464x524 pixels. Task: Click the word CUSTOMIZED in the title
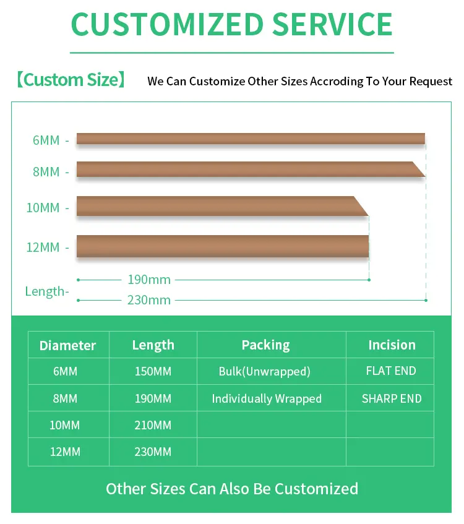pyautogui.click(x=168, y=24)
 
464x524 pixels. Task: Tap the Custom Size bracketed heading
pyautogui.click(x=71, y=80)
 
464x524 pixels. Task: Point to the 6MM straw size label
pyautogui.click(x=46, y=140)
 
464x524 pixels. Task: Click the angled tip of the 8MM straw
pyautogui.click(x=425, y=176)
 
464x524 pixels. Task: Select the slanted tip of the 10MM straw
pyautogui.click(x=368, y=215)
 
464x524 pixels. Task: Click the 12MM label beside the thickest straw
pyautogui.click(x=43, y=247)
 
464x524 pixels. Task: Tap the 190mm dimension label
pyautogui.click(x=149, y=280)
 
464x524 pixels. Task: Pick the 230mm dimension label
pyautogui.click(x=149, y=300)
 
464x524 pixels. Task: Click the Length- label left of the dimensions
pyautogui.click(x=47, y=292)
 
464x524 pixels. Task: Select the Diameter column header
pyautogui.click(x=67, y=345)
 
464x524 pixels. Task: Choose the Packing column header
pyautogui.click(x=266, y=345)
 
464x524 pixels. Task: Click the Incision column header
pyautogui.click(x=392, y=345)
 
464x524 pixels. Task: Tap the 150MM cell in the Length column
pyautogui.click(x=153, y=371)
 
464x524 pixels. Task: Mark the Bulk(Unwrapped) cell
pyautogui.click(x=264, y=371)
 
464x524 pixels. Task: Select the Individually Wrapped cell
pyautogui.click(x=267, y=398)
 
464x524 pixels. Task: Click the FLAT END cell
pyautogui.click(x=391, y=371)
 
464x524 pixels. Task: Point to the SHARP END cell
pyautogui.click(x=392, y=398)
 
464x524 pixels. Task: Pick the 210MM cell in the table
pyautogui.click(x=153, y=425)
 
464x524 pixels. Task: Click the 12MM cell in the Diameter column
pyautogui.click(x=65, y=452)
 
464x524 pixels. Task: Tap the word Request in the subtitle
pyautogui.click(x=431, y=81)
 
